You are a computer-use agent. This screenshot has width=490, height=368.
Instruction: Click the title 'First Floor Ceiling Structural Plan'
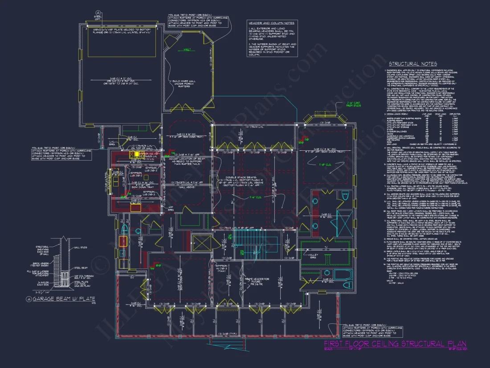[395, 343]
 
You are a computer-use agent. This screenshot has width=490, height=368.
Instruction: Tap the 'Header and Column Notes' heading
[271, 23]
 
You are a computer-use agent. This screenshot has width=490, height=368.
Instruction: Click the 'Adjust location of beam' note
[183, 161]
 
